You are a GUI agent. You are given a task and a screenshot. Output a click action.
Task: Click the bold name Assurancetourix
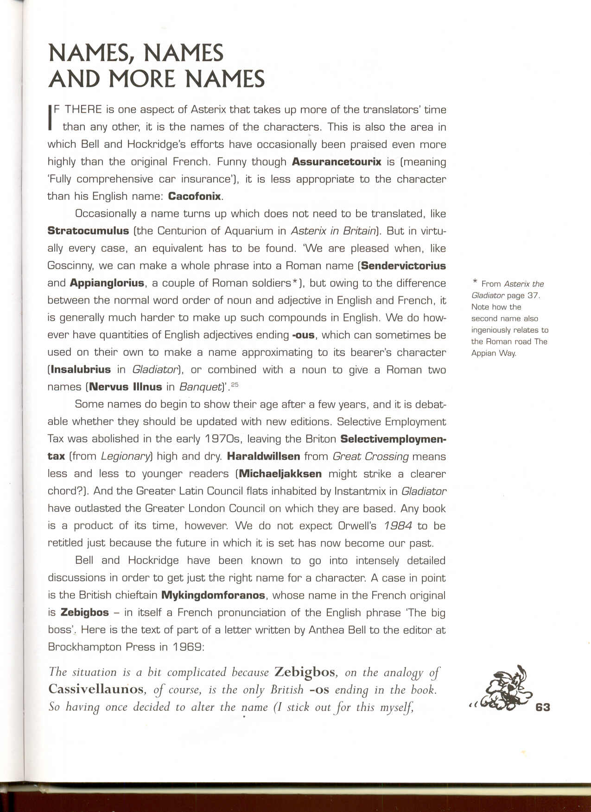337,162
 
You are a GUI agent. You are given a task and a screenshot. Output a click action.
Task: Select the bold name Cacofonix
194,196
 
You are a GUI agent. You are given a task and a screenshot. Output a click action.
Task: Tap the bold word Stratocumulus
88,231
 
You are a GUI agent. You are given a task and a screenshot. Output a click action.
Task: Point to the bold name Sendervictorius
403,266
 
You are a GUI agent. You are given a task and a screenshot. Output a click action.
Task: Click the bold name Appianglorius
107,283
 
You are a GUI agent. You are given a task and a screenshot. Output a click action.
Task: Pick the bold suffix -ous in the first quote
305,335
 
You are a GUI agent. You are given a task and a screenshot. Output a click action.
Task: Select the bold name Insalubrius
81,370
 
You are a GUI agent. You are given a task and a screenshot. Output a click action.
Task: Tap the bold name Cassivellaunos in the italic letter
96,690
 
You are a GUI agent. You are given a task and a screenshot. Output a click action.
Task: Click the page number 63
542,707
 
